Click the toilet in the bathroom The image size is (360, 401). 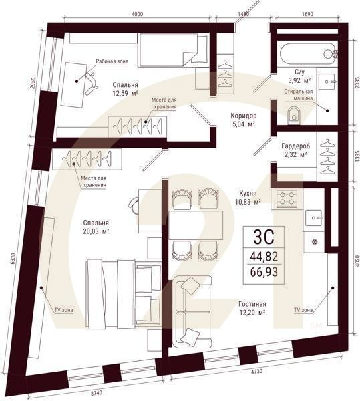point(295,116)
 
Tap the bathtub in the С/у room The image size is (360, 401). point(307,53)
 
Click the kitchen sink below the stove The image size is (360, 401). point(314,218)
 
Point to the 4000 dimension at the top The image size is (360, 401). point(137,14)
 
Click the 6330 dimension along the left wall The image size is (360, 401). point(13,260)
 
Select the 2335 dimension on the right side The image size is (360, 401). point(357,83)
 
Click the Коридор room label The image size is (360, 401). point(244,116)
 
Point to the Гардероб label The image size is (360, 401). point(296,146)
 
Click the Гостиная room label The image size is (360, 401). point(252,304)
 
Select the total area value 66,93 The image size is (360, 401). point(264,272)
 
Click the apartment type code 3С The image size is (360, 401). point(264,237)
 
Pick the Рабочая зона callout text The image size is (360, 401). point(112,61)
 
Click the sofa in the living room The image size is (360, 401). point(192,311)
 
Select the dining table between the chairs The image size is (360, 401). point(196,225)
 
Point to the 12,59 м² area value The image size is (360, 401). point(126,93)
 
